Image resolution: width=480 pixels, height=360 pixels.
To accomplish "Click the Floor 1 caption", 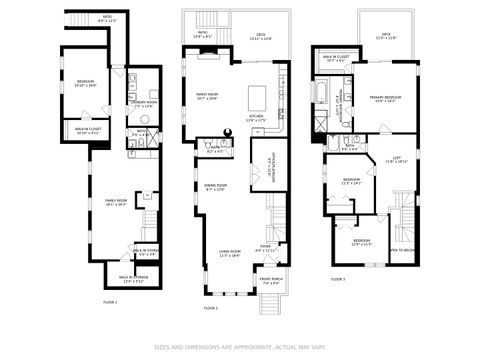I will [x=110, y=302].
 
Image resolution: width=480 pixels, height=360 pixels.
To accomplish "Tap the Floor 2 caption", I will [x=210, y=308].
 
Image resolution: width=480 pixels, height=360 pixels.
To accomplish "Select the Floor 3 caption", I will [x=337, y=278].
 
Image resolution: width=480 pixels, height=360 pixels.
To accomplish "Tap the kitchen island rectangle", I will [x=255, y=98].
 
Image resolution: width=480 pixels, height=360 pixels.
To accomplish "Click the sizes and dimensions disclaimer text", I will [x=240, y=347].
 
